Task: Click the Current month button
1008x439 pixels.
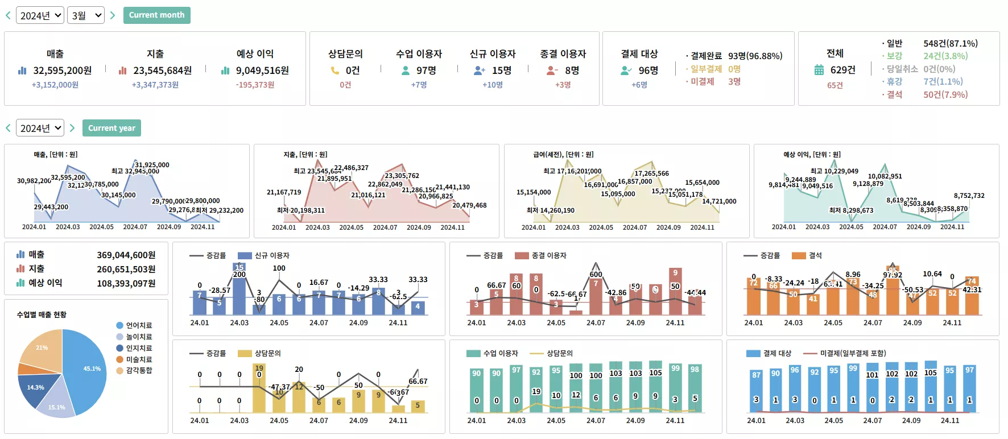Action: [x=156, y=15]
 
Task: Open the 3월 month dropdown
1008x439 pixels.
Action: [x=86, y=15]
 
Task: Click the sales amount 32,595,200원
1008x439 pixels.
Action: [x=62, y=71]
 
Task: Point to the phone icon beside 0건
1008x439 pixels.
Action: [x=335, y=71]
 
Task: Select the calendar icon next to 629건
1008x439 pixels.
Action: [x=819, y=70]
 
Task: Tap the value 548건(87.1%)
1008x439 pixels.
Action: [x=950, y=43]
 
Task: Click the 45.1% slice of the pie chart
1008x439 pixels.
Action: [x=88, y=370]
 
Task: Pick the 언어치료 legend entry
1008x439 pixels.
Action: [x=139, y=325]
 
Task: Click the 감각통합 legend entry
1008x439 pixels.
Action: [x=139, y=370]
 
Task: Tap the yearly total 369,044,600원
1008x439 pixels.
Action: [x=126, y=255]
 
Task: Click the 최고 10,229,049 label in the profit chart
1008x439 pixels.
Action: [x=834, y=171]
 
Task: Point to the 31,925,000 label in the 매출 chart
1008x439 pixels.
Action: [x=152, y=165]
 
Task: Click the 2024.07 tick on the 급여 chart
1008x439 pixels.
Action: [x=635, y=227]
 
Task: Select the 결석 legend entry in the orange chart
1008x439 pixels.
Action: [x=815, y=256]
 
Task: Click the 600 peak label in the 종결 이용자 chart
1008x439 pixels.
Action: [x=596, y=274]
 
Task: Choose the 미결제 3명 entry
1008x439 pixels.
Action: [x=715, y=81]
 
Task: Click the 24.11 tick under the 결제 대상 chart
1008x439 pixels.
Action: [x=950, y=421]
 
